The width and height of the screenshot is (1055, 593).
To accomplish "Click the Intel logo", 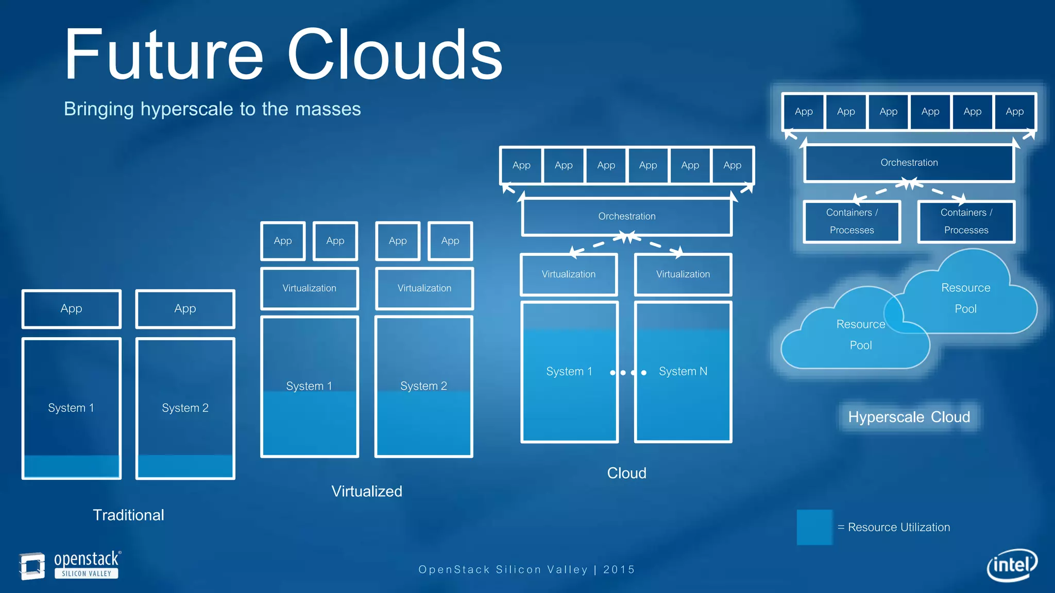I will pyautogui.click(x=1011, y=565).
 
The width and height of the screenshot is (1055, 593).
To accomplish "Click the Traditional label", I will pyautogui.click(x=128, y=515).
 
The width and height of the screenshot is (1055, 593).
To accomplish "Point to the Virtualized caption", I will pyautogui.click(x=366, y=491).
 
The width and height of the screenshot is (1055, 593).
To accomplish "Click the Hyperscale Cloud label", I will pyautogui.click(x=909, y=417).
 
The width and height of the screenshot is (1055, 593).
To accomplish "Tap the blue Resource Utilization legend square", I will pyautogui.click(x=814, y=527).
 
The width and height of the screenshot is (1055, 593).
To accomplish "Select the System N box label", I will pyautogui.click(x=683, y=371).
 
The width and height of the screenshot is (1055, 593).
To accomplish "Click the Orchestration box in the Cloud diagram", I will pyautogui.click(x=626, y=217).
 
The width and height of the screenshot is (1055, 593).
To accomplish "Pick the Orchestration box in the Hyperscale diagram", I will pyautogui.click(x=909, y=163).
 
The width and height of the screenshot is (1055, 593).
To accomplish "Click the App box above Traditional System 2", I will pyautogui.click(x=185, y=309).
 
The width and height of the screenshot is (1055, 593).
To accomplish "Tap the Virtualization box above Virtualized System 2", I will pyautogui.click(x=424, y=288).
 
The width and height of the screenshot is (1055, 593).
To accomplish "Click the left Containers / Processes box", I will pyautogui.click(x=852, y=221).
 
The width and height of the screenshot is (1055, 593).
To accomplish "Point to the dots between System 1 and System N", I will pyautogui.click(x=628, y=372).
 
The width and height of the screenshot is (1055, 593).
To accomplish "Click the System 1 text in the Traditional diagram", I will pyautogui.click(x=71, y=408).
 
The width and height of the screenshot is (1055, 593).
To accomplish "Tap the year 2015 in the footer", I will pyautogui.click(x=619, y=569).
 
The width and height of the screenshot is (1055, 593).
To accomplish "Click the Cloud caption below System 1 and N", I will pyautogui.click(x=626, y=473).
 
